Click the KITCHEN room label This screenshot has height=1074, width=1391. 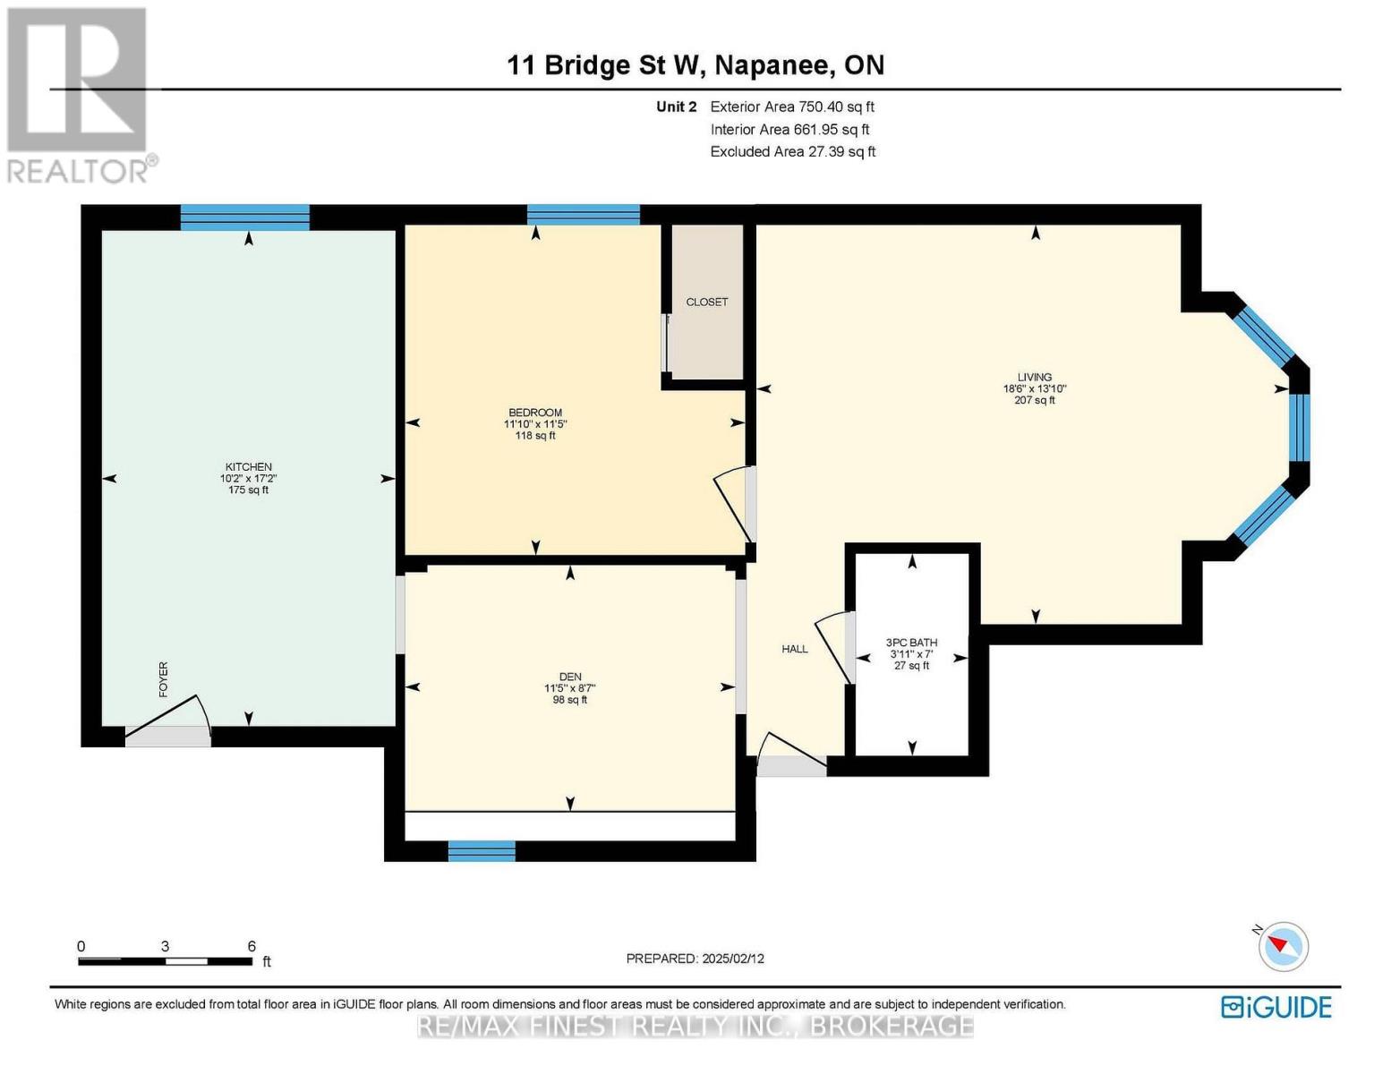click(x=248, y=467)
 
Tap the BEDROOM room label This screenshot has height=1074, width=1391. click(x=535, y=413)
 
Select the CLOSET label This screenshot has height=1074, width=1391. click(x=707, y=303)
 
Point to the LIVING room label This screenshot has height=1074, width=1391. click(x=1035, y=378)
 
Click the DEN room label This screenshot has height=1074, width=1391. click(x=570, y=677)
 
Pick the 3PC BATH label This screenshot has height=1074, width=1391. click(x=911, y=643)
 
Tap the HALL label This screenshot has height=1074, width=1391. click(x=794, y=649)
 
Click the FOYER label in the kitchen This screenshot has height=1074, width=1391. click(x=163, y=679)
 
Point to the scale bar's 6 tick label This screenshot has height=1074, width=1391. click(x=252, y=946)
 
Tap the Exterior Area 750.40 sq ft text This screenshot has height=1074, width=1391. click(x=792, y=107)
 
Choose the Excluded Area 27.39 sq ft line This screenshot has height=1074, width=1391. click(x=793, y=151)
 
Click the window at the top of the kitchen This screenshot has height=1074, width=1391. click(x=245, y=217)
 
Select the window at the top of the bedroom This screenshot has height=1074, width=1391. click(x=583, y=215)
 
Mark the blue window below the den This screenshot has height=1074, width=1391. click(x=482, y=851)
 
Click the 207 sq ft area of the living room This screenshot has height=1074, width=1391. click(x=1035, y=401)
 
